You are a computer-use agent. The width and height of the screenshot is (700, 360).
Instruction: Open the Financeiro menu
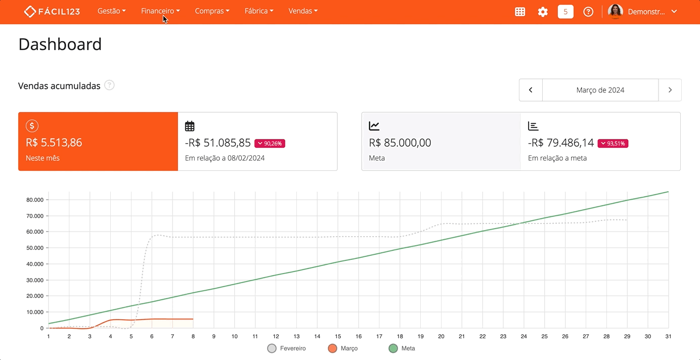pyautogui.click(x=160, y=11)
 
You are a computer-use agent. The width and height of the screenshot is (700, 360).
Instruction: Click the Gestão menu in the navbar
pyautogui.click(x=111, y=11)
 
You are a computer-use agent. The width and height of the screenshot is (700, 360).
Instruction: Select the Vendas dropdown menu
pyautogui.click(x=303, y=11)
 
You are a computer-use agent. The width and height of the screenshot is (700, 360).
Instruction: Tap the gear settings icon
pyautogui.click(x=543, y=12)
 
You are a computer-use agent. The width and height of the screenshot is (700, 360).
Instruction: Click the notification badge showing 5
pyautogui.click(x=565, y=12)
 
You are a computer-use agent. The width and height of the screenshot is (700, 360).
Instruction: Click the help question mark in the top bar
pyautogui.click(x=588, y=12)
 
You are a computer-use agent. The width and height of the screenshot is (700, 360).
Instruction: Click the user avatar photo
pyautogui.click(x=615, y=12)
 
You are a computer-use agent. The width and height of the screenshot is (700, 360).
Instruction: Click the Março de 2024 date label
pyautogui.click(x=600, y=90)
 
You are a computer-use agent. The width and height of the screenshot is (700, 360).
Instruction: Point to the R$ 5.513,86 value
pyautogui.click(x=54, y=143)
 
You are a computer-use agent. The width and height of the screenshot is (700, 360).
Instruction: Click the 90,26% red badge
pyautogui.click(x=270, y=144)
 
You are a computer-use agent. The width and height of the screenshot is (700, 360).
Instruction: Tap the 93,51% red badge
pyautogui.click(x=613, y=144)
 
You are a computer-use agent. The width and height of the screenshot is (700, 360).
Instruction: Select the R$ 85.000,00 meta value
pyautogui.click(x=400, y=143)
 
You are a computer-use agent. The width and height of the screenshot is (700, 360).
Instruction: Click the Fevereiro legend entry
pyautogui.click(x=287, y=348)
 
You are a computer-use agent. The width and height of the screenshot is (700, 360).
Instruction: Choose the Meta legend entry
pyautogui.click(x=402, y=348)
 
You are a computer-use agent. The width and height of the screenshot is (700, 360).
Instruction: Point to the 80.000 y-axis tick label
pyautogui.click(x=35, y=200)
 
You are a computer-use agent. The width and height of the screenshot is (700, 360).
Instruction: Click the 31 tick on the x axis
pyautogui.click(x=668, y=336)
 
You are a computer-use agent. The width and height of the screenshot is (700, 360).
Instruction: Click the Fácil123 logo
pyautogui.click(x=52, y=12)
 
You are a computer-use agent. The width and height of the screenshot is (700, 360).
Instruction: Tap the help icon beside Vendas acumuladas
pyautogui.click(x=109, y=85)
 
